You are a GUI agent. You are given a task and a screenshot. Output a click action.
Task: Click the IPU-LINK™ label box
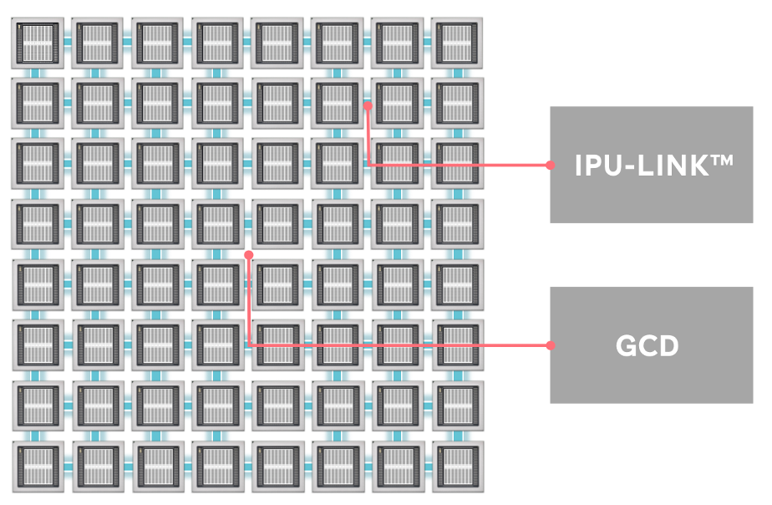tap(651, 165)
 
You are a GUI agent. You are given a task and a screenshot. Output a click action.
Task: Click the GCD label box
tap(651, 345)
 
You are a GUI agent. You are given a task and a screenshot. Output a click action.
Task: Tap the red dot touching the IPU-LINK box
tap(550, 165)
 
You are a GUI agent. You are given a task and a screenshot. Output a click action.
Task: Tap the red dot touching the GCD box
tap(550, 345)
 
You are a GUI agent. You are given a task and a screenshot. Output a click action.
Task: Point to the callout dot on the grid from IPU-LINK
tap(368, 105)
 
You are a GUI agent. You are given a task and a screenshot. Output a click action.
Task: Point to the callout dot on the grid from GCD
tap(248, 253)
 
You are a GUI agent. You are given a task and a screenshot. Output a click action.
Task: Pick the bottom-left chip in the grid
tap(37, 466)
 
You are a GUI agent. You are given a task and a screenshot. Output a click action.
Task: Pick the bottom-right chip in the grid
tap(457, 466)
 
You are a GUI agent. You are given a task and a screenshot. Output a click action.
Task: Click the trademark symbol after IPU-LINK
tap(719, 160)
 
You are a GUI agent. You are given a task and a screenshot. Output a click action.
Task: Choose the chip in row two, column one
tap(37, 102)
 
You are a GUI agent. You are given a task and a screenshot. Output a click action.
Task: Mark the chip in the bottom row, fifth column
tap(277, 466)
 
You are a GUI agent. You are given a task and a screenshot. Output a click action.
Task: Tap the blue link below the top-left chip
tap(37, 72)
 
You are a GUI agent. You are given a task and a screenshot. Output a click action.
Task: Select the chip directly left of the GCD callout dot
tap(217, 223)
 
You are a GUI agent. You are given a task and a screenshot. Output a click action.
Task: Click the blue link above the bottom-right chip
tap(457, 436)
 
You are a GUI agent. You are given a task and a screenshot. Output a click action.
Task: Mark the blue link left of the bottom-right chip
tap(427, 466)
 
